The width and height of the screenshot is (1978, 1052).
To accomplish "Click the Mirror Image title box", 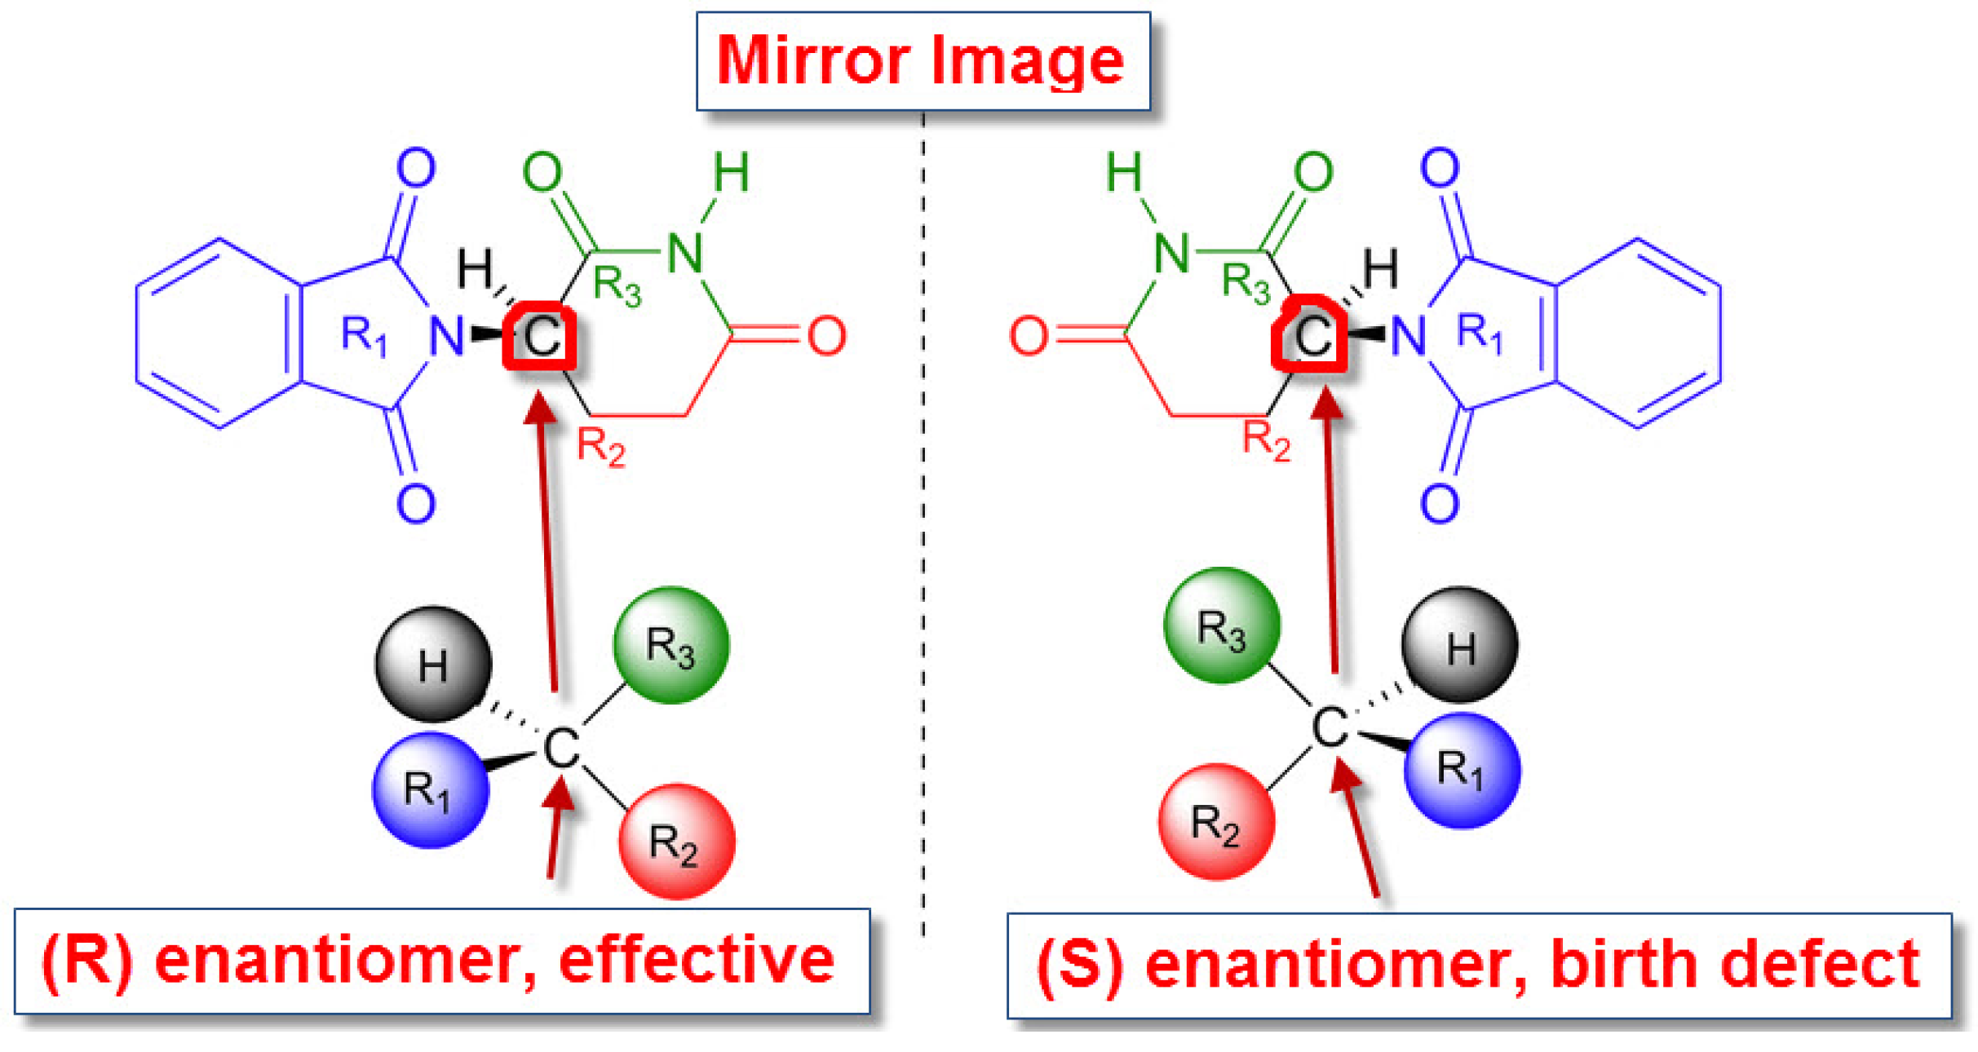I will coord(923,61).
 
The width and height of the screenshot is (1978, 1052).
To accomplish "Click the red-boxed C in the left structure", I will coord(540,336).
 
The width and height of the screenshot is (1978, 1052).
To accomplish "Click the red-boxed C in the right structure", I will coord(1310,334).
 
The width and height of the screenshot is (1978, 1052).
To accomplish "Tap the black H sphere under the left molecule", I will coord(432,665).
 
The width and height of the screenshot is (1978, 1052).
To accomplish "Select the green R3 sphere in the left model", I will coord(670,645).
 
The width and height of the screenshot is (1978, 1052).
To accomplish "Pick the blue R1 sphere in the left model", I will coord(430,789).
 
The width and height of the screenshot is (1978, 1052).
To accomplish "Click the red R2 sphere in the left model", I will coord(676,842).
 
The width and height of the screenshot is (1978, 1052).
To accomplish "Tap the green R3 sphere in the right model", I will coord(1221,626).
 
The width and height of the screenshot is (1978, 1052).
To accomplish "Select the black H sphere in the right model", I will coord(1459,645).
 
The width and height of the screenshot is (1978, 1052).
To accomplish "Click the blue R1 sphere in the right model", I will coord(1462,770).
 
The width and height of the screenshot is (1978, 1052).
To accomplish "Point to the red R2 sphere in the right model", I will coord(1216,822).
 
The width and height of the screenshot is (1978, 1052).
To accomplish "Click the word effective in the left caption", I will coord(697,960).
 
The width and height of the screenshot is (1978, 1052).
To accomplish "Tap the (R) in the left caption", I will coord(87,960).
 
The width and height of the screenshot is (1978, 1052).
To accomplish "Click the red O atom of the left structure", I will coord(826,336).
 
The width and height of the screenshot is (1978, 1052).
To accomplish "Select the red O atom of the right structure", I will coord(1028,336).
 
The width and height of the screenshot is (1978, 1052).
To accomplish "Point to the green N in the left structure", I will coord(685,253).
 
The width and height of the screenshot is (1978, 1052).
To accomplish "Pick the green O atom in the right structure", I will coord(1313,172).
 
